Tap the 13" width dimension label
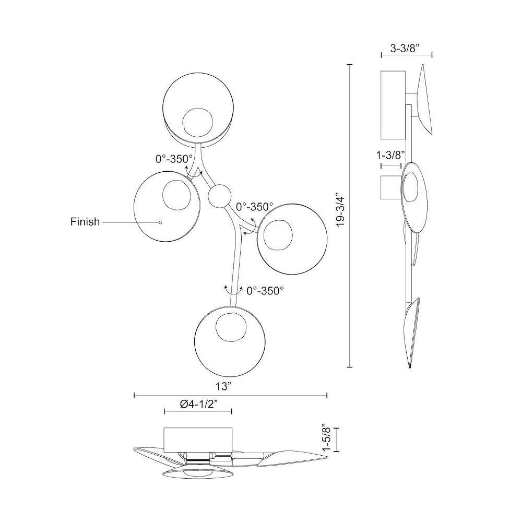223,386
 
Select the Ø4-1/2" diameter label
199,404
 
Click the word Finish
85,221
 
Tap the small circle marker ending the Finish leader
160,222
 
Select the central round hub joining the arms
219,196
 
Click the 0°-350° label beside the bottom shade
265,291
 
